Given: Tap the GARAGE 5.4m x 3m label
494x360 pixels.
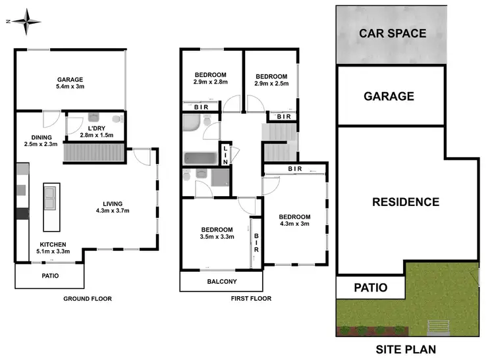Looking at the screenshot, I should (70, 82).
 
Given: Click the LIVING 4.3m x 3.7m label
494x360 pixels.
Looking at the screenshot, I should (112, 207).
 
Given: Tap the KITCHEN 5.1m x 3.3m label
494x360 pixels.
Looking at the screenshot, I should (53, 247).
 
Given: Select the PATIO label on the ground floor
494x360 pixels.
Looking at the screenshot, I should (50, 276).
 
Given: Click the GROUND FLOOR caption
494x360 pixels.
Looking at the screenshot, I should (87, 299).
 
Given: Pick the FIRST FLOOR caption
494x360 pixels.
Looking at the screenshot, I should (250, 299).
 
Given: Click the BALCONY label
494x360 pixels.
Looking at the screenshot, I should (221, 282).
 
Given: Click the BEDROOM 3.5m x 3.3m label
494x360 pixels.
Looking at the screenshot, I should (217, 233).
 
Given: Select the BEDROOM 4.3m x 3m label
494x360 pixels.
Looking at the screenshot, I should (294, 220).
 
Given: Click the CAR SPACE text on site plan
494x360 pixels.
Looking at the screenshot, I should (393, 33).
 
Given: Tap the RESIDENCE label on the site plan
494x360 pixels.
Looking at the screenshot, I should (405, 202).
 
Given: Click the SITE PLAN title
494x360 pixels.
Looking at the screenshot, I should (405, 349).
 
